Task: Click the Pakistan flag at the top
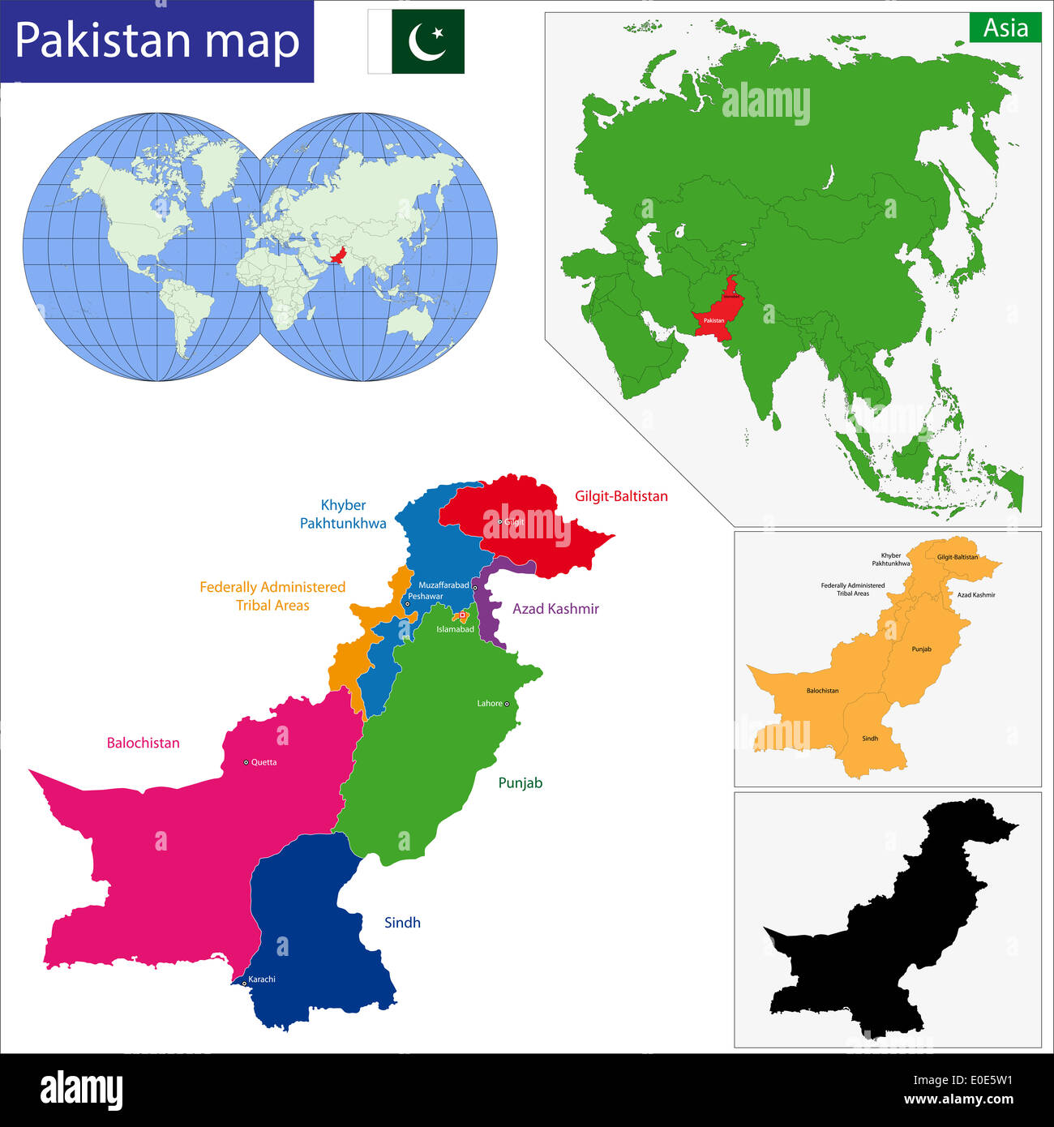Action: (x=417, y=41)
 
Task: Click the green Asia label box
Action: (x=1005, y=28)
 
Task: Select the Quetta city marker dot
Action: (x=246, y=762)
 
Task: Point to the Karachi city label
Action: (x=262, y=979)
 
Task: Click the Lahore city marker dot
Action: (x=507, y=704)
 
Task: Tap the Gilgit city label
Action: (x=515, y=522)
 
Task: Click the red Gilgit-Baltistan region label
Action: (x=621, y=496)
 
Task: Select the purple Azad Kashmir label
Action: (x=555, y=609)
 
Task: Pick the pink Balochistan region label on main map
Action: (x=144, y=743)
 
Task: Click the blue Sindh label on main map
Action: (x=402, y=923)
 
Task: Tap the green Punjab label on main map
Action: (x=520, y=783)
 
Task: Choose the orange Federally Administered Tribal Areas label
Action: (x=272, y=596)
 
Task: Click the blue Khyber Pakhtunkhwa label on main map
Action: (x=343, y=514)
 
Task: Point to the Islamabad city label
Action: (x=455, y=629)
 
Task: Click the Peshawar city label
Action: (x=426, y=596)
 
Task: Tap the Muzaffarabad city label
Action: (x=443, y=585)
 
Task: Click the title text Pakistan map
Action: (x=157, y=41)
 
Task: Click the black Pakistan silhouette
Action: (x=892, y=924)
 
